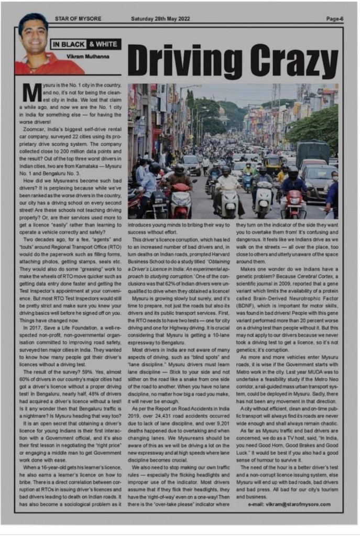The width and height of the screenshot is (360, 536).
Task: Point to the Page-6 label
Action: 334,19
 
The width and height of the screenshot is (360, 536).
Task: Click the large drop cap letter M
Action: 31,92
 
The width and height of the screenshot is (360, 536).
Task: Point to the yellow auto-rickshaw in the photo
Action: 271,163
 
